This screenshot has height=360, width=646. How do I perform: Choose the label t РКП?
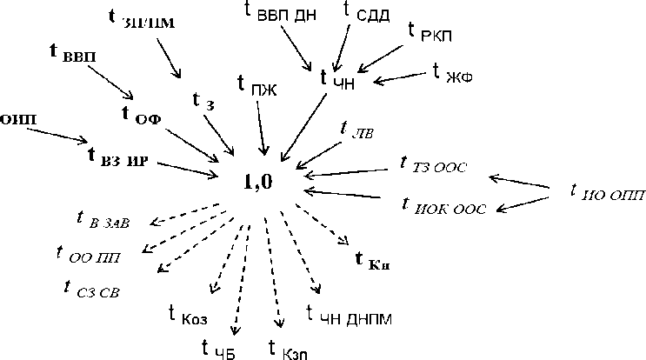[430, 34]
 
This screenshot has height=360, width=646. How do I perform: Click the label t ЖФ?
[453, 72]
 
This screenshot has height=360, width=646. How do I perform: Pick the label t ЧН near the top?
[336, 79]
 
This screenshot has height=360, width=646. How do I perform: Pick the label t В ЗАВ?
[103, 220]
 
